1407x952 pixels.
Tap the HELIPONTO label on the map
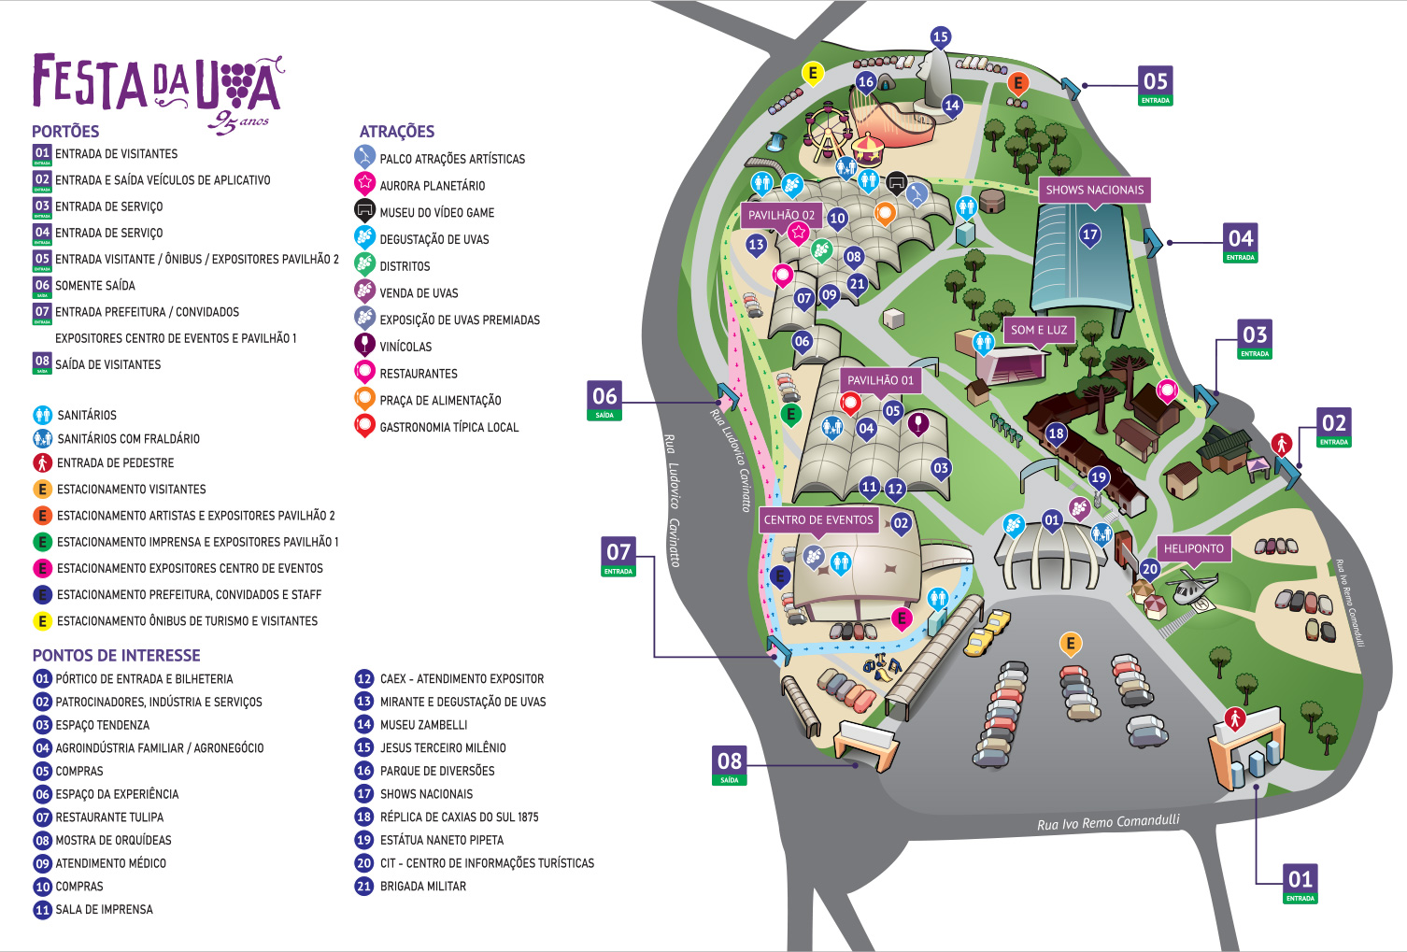pyautogui.click(x=1193, y=549)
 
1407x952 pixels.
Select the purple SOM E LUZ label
pyautogui.click(x=1038, y=330)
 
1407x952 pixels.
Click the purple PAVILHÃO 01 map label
pyautogui.click(x=880, y=380)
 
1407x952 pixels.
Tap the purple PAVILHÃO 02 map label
pyautogui.click(x=781, y=215)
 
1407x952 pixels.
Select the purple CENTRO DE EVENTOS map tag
pyautogui.click(x=818, y=519)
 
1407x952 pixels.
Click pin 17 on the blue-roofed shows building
pyautogui.click(x=1089, y=234)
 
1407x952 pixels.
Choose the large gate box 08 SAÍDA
pyautogui.click(x=730, y=764)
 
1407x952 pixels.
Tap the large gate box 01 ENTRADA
pyautogui.click(x=1300, y=883)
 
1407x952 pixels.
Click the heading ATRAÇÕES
pyautogui.click(x=397, y=132)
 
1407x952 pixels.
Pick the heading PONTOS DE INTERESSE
pyautogui.click(x=117, y=656)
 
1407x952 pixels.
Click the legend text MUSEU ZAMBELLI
pyautogui.click(x=423, y=725)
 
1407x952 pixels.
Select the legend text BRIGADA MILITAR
pyautogui.click(x=422, y=887)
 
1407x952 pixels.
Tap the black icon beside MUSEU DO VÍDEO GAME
pyautogui.click(x=364, y=210)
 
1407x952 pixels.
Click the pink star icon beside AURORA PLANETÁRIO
pyautogui.click(x=364, y=183)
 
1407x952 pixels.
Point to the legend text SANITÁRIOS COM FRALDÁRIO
pyautogui.click(x=128, y=439)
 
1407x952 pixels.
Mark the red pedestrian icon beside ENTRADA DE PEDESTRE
pyautogui.click(x=42, y=462)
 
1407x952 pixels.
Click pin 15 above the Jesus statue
pyautogui.click(x=940, y=37)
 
